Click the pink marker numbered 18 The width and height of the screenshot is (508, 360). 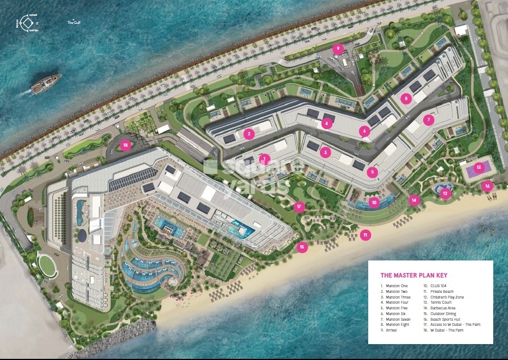coord(126,145)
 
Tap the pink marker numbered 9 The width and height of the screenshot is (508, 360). coord(338,49)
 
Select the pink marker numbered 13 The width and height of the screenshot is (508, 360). coord(479,167)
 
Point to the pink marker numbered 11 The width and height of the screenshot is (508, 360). coord(365,234)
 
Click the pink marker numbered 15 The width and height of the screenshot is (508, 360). coord(302,247)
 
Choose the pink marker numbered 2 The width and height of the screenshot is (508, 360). coord(248,134)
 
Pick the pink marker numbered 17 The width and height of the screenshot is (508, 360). coord(299,207)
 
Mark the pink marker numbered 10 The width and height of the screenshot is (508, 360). coord(373,202)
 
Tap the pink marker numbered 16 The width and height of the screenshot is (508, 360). coord(487,185)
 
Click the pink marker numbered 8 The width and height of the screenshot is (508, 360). coord(405,98)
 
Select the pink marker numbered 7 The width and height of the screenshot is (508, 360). coord(429,120)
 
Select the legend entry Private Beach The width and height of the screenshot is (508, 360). coord(436,292)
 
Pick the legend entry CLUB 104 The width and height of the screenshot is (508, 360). coord(434,285)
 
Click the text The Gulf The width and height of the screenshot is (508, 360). coord(74,22)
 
